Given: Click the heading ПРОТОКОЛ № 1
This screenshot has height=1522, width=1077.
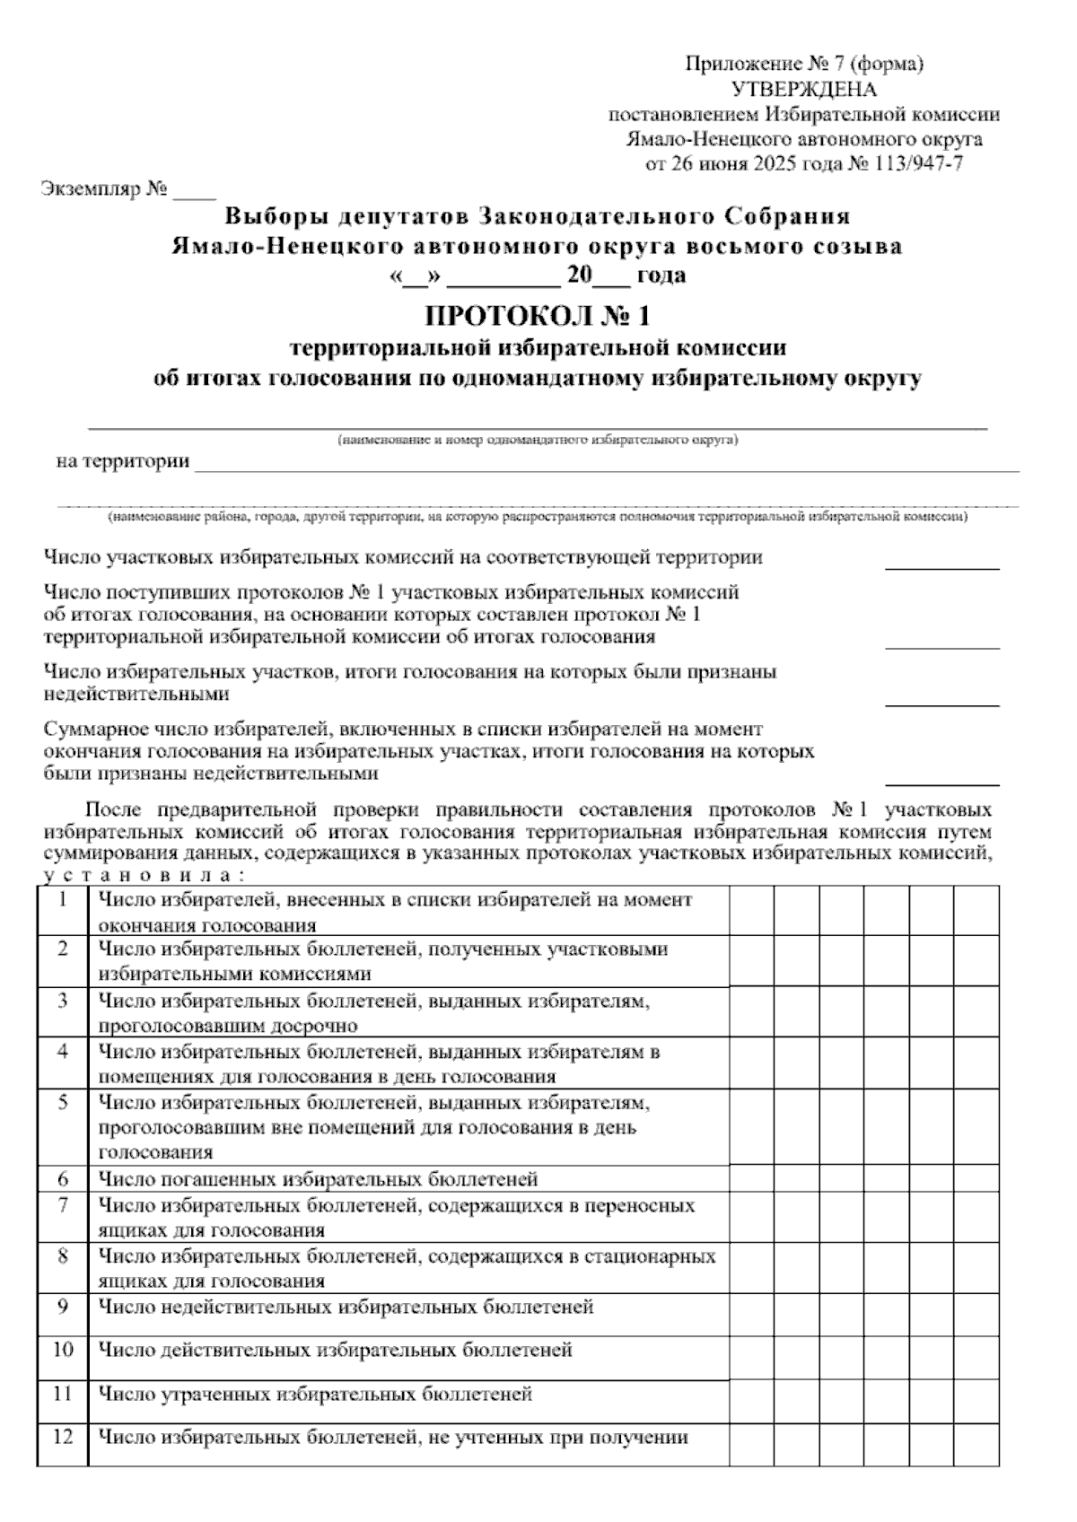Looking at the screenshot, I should (x=537, y=316).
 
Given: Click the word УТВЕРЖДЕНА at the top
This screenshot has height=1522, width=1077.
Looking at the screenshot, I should (x=804, y=90).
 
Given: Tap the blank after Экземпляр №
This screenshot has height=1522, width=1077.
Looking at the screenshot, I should (x=195, y=192).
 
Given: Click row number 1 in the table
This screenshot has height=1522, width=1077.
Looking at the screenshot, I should (x=63, y=900).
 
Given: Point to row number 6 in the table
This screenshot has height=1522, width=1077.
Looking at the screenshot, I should (x=63, y=1178).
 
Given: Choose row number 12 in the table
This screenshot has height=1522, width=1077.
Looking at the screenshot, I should (x=63, y=1438).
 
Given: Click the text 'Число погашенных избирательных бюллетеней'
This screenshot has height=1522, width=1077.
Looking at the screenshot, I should (x=318, y=1178).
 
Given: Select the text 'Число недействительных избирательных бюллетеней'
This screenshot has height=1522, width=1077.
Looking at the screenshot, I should (x=346, y=1307).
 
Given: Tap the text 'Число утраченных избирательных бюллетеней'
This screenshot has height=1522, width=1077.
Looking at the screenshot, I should (x=315, y=1394).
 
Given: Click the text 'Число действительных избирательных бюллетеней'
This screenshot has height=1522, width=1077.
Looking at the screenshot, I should (x=335, y=1350).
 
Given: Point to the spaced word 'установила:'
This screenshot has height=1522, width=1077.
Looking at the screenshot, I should (x=144, y=874).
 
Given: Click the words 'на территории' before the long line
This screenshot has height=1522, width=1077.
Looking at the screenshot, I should (x=123, y=462).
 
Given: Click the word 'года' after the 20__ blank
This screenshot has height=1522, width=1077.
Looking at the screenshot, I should (x=661, y=275).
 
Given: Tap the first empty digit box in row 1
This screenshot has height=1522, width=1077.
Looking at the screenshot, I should (x=752, y=911).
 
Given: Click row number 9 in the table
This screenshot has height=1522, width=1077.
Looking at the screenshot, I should (x=63, y=1307).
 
